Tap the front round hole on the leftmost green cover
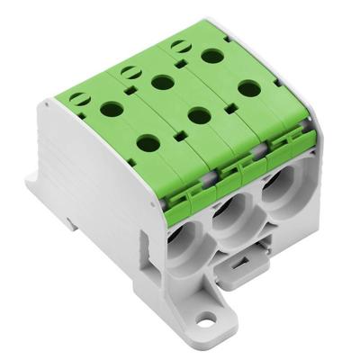144,141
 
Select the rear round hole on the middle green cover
162,83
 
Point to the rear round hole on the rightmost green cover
212,57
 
